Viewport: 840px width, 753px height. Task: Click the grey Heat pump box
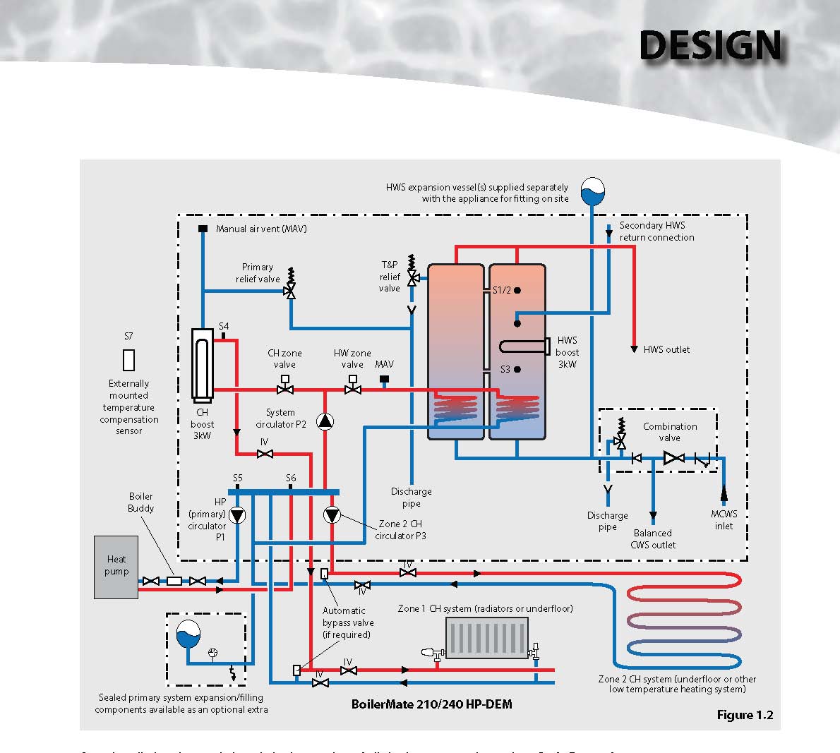coord(116,567)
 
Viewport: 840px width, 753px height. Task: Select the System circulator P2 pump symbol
coord(325,422)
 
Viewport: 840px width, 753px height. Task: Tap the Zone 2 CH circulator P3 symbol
coord(332,516)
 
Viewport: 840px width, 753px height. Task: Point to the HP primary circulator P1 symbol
coord(238,516)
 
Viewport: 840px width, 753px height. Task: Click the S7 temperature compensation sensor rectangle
coord(128,360)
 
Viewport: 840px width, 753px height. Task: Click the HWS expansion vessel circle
coord(593,191)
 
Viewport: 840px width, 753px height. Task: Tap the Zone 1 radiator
coord(487,638)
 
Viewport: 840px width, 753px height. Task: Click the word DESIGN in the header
coord(710,47)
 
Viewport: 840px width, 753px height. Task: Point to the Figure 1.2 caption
coord(745,715)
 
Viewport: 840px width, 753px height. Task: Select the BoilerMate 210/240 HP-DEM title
coord(432,704)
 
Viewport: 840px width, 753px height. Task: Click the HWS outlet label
coord(666,349)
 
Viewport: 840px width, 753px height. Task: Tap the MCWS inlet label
coord(724,520)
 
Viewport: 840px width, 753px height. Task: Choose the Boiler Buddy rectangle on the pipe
coord(174,581)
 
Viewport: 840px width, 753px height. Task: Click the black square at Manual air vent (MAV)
coord(203,229)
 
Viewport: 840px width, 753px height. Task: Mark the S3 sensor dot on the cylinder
coord(517,369)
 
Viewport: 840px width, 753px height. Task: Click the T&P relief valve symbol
coord(413,278)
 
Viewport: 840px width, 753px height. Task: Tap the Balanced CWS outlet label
coord(653,538)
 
